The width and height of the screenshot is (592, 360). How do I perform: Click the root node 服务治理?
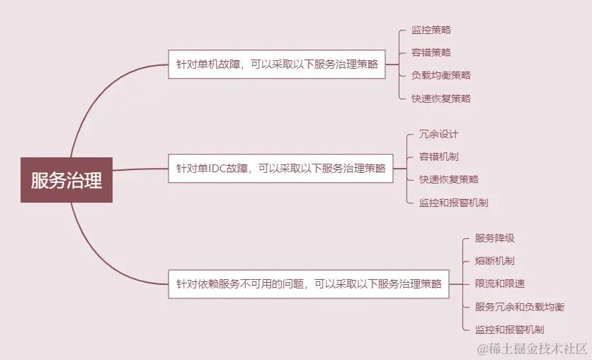(67, 180)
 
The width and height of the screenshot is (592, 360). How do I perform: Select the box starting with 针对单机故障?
(277, 64)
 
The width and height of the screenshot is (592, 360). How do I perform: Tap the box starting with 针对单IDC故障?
(280, 169)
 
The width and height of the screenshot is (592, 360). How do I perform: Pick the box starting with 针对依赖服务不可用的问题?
(308, 284)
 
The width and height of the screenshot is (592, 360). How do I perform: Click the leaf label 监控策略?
(431, 30)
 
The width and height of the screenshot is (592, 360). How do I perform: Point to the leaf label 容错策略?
(431, 52)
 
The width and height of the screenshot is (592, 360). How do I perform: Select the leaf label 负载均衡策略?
(440, 75)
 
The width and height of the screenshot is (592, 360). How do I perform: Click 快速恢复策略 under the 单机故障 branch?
(440, 99)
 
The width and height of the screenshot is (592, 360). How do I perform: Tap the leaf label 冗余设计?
(439, 134)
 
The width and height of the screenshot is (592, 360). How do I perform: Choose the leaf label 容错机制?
(439, 157)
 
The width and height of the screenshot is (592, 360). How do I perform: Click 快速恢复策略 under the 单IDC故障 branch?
(448, 179)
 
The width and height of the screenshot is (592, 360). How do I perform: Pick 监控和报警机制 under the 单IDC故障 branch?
(453, 203)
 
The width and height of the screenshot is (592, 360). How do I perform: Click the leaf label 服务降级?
(494, 238)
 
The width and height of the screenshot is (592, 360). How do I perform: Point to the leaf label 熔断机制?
(494, 261)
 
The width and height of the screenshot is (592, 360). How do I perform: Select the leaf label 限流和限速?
(500, 283)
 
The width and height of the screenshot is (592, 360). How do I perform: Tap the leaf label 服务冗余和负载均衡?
(519, 307)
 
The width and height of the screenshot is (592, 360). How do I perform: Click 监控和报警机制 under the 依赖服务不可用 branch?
(509, 330)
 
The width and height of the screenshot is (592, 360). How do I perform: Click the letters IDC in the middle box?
(217, 169)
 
